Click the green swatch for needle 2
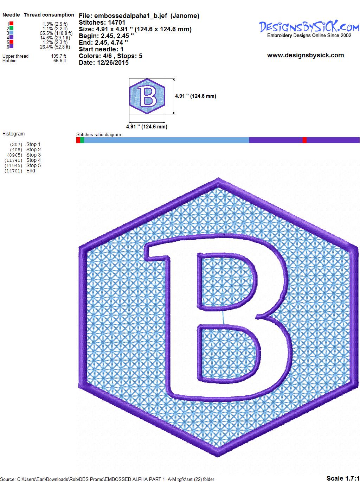tap(11, 28)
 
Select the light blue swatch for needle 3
tap(11, 33)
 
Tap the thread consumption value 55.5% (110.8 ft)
tap(56, 33)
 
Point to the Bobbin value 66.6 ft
tap(60, 61)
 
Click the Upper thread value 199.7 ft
tap(59, 56)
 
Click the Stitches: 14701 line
tap(102, 23)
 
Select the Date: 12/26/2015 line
tap(104, 63)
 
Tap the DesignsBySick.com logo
tap(309, 29)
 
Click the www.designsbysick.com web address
tap(306, 55)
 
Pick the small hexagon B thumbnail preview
tap(147, 96)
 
